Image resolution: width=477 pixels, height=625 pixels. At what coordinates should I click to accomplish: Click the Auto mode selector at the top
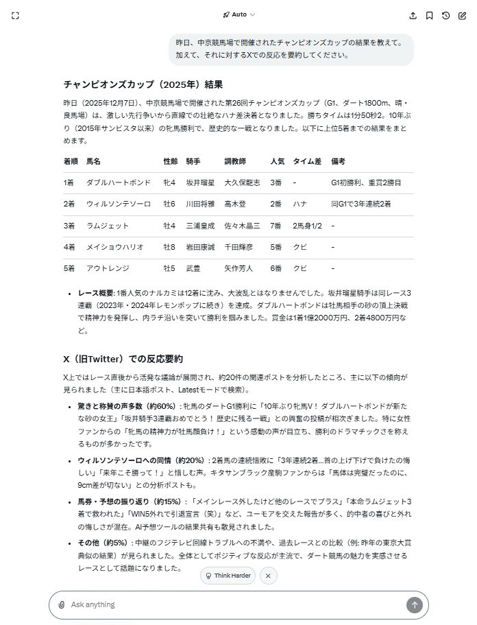(x=238, y=14)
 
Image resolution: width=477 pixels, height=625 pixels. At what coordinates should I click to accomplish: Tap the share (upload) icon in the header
(x=413, y=15)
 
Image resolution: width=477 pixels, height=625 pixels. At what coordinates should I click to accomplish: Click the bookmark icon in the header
(x=429, y=15)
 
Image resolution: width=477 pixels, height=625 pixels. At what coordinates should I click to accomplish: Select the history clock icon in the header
(x=445, y=15)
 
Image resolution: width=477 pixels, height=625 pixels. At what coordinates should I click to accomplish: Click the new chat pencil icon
(x=462, y=15)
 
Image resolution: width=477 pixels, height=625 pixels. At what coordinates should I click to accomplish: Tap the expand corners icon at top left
(x=15, y=15)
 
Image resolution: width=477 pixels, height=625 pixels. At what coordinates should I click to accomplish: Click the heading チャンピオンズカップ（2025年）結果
(x=143, y=84)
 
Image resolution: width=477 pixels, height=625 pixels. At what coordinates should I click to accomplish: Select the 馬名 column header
(x=93, y=161)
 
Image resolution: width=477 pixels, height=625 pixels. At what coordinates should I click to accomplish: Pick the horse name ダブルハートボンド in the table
(x=118, y=182)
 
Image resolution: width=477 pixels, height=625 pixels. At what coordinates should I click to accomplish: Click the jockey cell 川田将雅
(x=200, y=204)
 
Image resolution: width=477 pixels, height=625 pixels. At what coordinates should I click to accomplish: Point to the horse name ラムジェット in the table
(x=108, y=225)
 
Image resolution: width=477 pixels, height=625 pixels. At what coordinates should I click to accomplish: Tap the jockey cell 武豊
(x=193, y=268)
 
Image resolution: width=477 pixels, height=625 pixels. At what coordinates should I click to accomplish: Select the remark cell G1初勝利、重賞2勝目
(x=366, y=182)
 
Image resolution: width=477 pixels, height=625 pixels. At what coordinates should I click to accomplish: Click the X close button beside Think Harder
(x=268, y=576)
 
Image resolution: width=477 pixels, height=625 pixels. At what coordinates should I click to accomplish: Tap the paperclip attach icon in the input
(x=62, y=604)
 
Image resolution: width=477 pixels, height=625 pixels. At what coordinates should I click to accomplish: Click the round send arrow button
(x=414, y=604)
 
